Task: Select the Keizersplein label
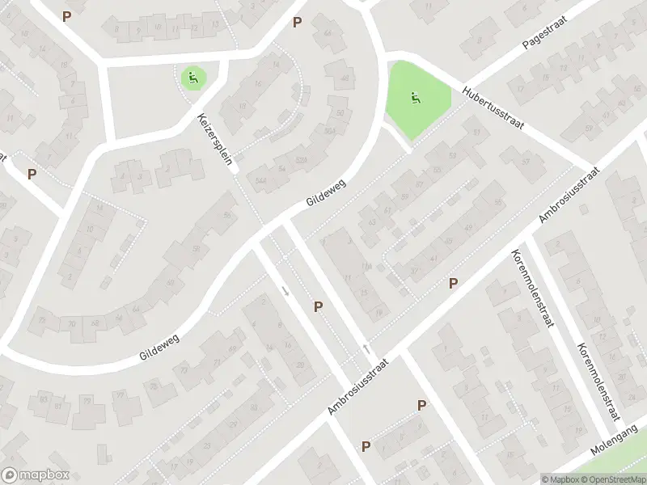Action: coord(216,139)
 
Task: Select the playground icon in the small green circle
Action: coord(192,78)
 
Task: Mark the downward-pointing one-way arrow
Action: coord(285,290)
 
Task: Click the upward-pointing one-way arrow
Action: coord(366,348)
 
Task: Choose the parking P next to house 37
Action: coord(454,283)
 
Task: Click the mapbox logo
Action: coord(35,475)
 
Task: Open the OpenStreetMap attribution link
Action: coord(612,479)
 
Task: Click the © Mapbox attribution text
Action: coord(560,479)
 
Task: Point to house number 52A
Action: coord(301,159)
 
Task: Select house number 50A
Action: coord(329,130)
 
